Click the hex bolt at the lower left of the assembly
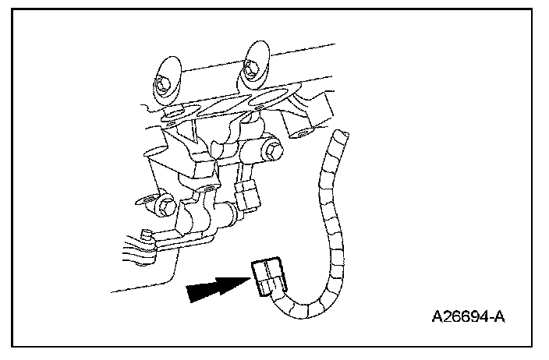coord(163,206)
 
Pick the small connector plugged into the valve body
coord(249,196)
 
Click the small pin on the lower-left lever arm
coord(145,233)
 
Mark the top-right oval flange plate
coord(257,64)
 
